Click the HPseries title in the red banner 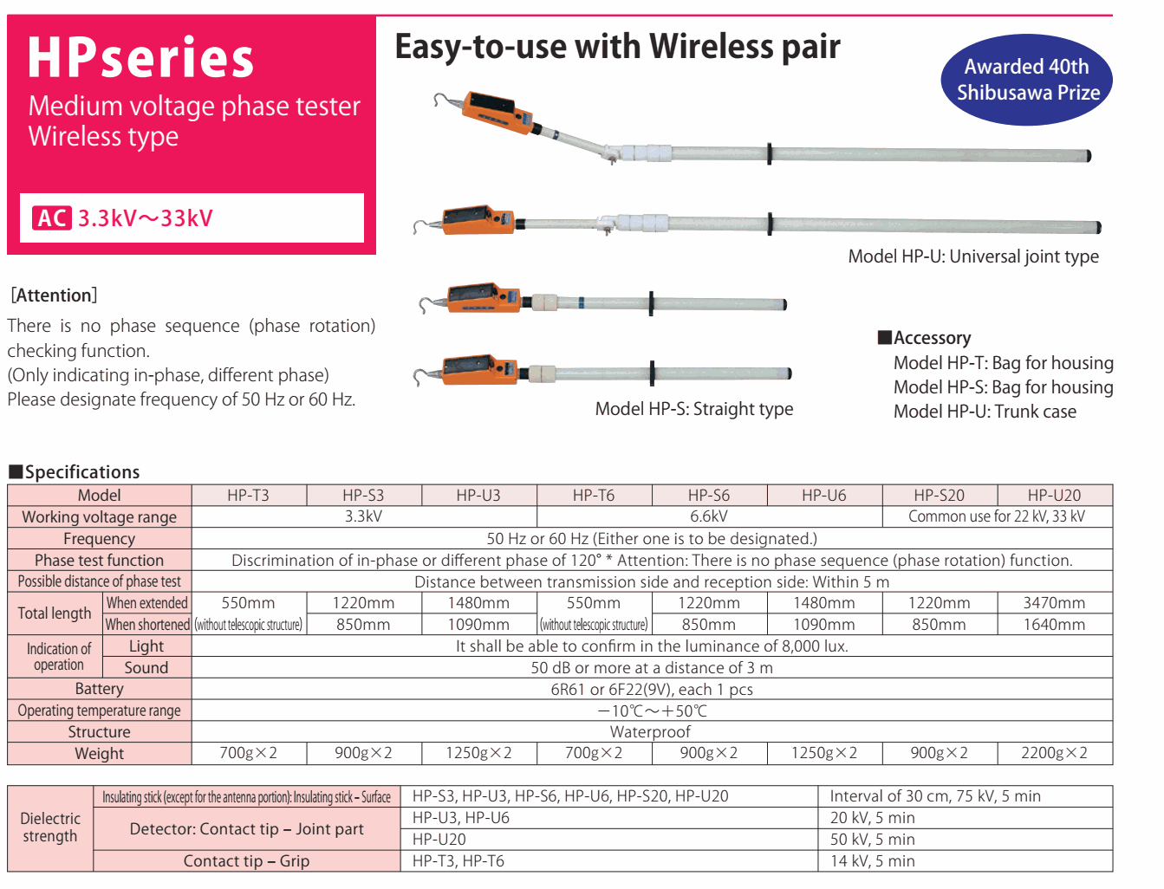140,59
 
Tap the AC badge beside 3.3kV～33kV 52,218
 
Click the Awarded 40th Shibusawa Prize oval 1026,80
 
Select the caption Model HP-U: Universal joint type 972,256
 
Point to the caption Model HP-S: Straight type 693,409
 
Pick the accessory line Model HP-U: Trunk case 985,412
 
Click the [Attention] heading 54,295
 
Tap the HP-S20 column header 939,496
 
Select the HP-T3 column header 249,496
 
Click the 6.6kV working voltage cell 709,516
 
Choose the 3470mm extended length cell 1054,603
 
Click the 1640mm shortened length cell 1054,625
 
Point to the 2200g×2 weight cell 1054,753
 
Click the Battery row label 99,689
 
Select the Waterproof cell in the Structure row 650,732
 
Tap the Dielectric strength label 50,827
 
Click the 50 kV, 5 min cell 872,840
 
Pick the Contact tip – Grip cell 246,861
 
